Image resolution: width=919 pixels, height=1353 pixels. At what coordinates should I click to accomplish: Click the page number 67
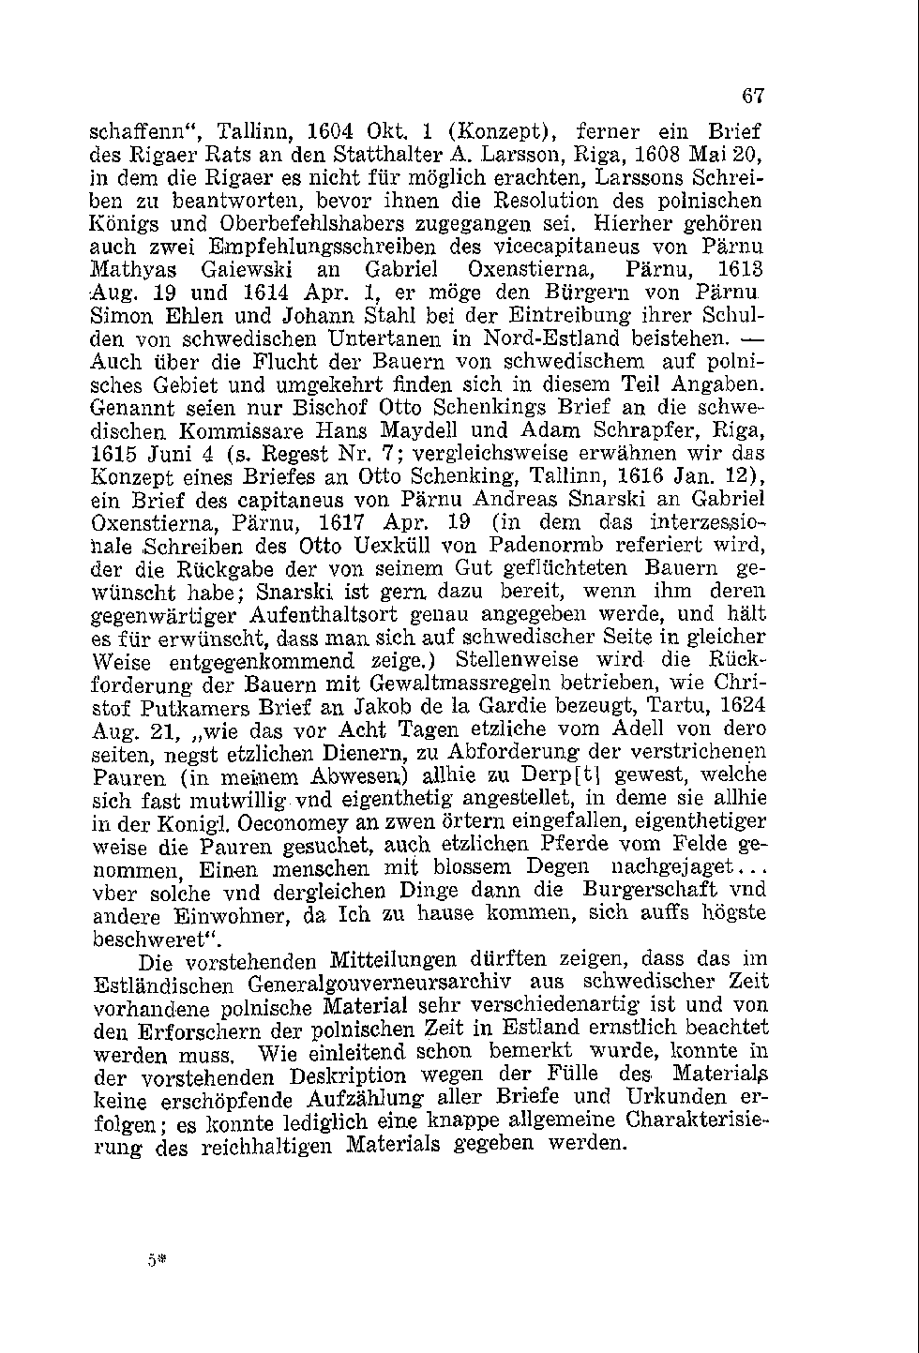pos(754,96)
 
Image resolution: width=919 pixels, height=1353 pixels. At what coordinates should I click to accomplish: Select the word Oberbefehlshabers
pos(328,224)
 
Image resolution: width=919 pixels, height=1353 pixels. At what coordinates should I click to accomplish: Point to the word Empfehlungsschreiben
pos(322,248)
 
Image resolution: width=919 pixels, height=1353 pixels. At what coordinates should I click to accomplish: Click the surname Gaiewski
pos(248,270)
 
